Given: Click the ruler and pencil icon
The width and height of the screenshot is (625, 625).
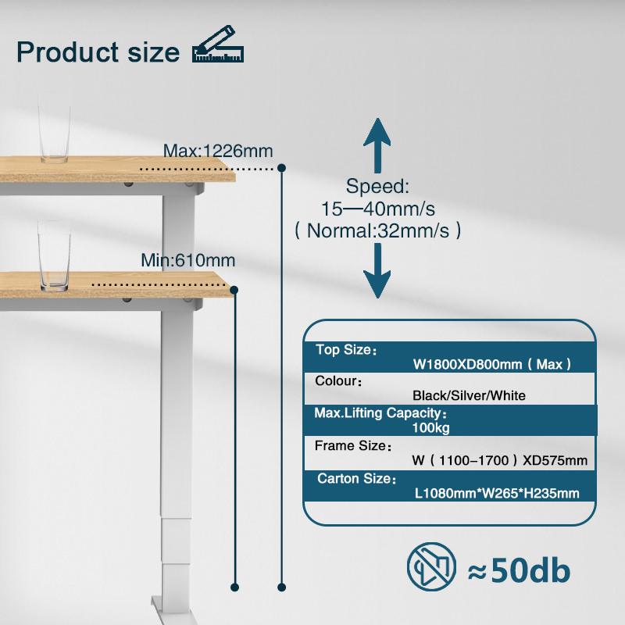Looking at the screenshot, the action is [218, 45].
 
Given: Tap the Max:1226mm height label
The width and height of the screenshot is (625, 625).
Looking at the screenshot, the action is [218, 151].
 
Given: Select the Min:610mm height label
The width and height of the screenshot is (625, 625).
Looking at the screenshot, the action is [188, 260].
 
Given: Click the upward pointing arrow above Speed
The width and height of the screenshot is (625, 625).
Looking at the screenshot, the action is [377, 145].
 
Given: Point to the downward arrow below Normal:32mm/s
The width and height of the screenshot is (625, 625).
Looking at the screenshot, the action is [377, 270].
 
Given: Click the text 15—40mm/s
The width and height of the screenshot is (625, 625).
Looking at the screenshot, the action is [378, 209].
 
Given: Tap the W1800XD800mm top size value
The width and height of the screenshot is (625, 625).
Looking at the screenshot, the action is [467, 364].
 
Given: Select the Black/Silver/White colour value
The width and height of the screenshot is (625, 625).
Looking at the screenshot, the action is [469, 395].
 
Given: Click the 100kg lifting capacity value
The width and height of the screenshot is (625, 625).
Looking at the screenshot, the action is [431, 427].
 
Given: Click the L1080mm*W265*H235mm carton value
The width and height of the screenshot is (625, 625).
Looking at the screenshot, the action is [497, 494].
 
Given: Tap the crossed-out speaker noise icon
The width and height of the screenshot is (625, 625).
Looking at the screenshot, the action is [432, 566].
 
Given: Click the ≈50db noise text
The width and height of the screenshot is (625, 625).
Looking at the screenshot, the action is [519, 570].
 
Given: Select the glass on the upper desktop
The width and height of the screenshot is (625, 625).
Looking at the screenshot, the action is [54, 128].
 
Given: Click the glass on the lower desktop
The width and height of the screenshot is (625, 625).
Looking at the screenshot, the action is [54, 256].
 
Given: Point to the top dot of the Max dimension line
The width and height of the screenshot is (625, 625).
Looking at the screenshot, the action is [281, 168].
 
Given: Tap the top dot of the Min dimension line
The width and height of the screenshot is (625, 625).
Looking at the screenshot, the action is [234, 290].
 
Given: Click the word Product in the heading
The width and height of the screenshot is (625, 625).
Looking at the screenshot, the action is [67, 52].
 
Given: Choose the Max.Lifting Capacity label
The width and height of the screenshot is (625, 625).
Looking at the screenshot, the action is [380, 413].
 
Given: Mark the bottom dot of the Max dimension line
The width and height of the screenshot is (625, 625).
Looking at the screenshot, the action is [281, 587].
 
